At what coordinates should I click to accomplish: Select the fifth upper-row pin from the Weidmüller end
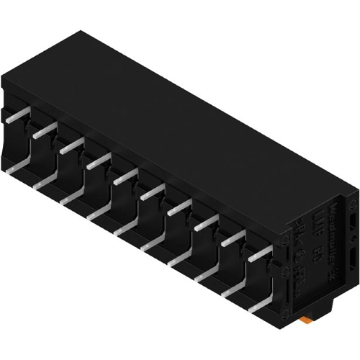click(153, 192)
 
